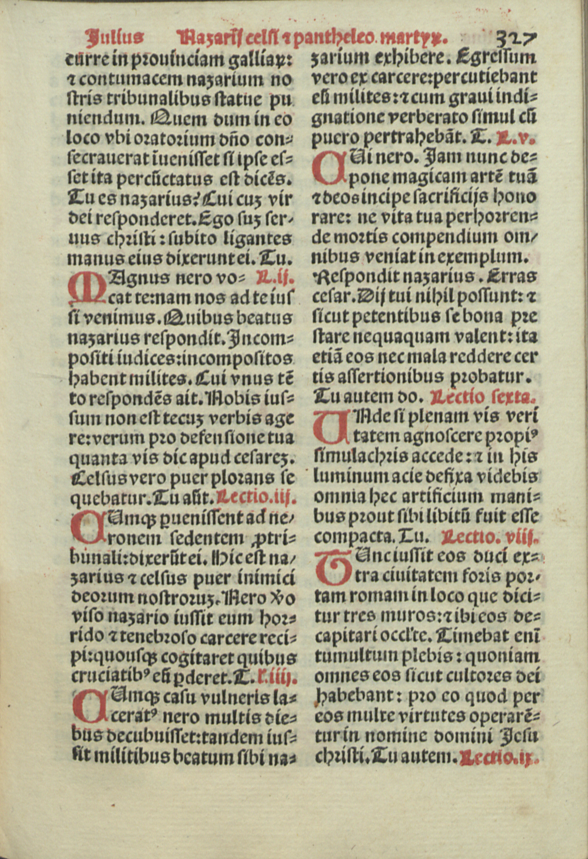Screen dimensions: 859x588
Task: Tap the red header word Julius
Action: [x=115, y=37]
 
